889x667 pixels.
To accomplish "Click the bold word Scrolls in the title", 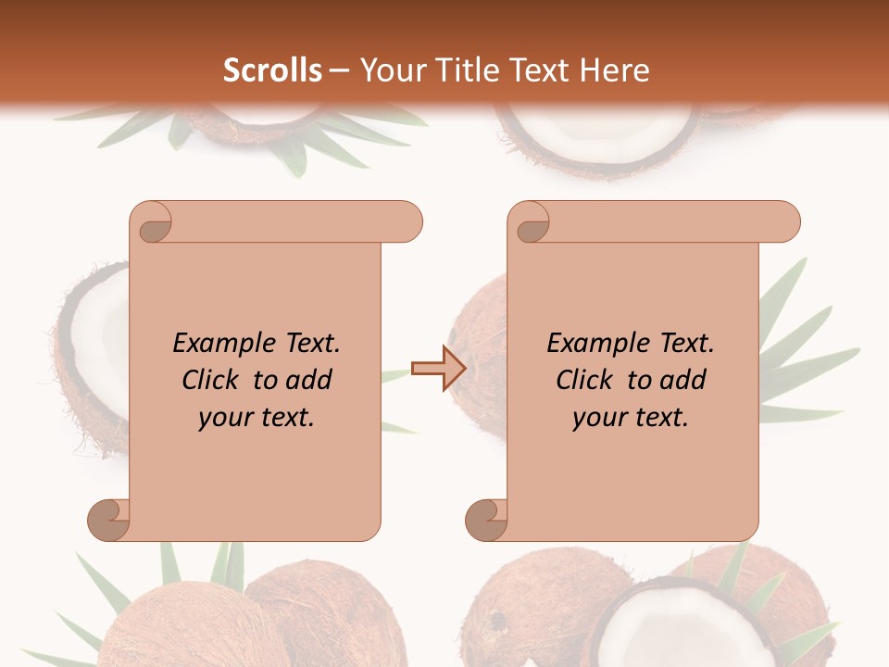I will tap(272, 70).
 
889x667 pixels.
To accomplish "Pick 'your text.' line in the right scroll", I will tap(631, 418).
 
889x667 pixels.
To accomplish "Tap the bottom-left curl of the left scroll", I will tap(107, 519).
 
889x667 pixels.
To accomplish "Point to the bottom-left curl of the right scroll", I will tap(485, 519).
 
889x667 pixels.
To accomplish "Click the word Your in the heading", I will tap(391, 70).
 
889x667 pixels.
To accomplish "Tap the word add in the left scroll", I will tap(308, 380).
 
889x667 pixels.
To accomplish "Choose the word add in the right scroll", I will tap(682, 380).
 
